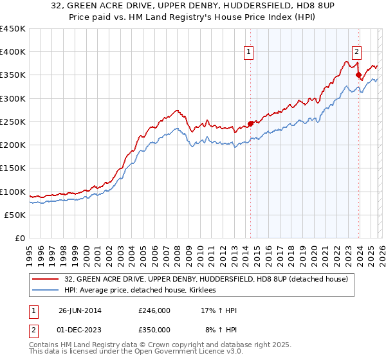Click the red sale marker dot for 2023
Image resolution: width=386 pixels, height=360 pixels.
tap(358, 75)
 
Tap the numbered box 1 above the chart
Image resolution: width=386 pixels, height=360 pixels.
tap(248, 53)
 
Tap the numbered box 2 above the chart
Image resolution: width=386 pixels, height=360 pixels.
tap(356, 53)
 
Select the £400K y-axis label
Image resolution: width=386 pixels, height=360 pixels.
tap(13, 52)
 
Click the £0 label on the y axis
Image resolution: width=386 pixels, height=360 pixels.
tap(20, 238)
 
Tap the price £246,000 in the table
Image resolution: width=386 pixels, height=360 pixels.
tap(154, 310)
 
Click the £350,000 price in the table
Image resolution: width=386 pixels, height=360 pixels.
tap(154, 329)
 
